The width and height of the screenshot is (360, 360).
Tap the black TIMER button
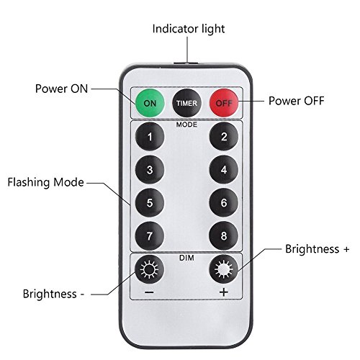pyautogui.click(x=186, y=103)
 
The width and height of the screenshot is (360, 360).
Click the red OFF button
pyautogui.click(x=224, y=103)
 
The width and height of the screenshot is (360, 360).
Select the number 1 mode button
pyautogui.click(x=149, y=136)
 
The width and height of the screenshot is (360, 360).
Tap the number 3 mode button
pyautogui.click(x=149, y=171)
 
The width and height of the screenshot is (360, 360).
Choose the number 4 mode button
pyautogui.click(x=224, y=171)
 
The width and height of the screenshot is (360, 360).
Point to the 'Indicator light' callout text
pyautogui.click(x=188, y=30)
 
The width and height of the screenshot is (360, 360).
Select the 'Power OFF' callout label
pyautogui.click(x=296, y=100)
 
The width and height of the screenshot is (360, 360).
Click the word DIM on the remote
pyautogui.click(x=186, y=256)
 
